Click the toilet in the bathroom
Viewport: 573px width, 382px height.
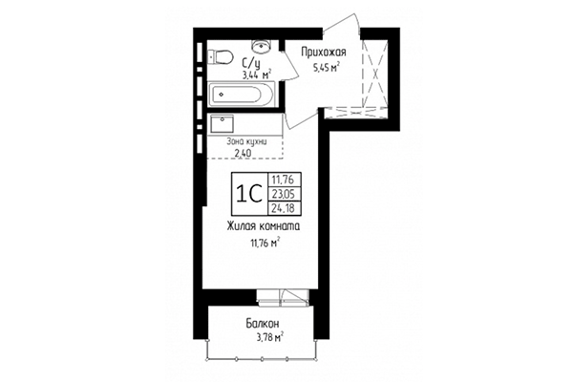[221, 57]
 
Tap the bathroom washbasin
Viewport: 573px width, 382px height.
[261, 45]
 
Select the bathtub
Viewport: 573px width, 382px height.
[241, 95]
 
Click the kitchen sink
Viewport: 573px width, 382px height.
[222, 124]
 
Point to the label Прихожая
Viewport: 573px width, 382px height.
[324, 53]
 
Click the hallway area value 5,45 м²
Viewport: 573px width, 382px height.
[326, 67]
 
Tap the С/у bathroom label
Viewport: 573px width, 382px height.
[251, 63]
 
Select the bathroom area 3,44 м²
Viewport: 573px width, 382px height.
[257, 74]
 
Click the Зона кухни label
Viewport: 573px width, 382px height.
[246, 141]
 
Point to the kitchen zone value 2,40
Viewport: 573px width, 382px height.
[243, 153]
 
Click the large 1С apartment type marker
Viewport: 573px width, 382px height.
[249, 193]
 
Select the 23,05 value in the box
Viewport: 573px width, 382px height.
[284, 193]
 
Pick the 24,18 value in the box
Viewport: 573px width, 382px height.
[284, 208]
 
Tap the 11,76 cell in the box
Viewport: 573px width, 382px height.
[284, 180]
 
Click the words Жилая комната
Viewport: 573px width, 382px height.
[264, 226]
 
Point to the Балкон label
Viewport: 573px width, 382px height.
[263, 324]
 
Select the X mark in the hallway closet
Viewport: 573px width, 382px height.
[375, 74]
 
